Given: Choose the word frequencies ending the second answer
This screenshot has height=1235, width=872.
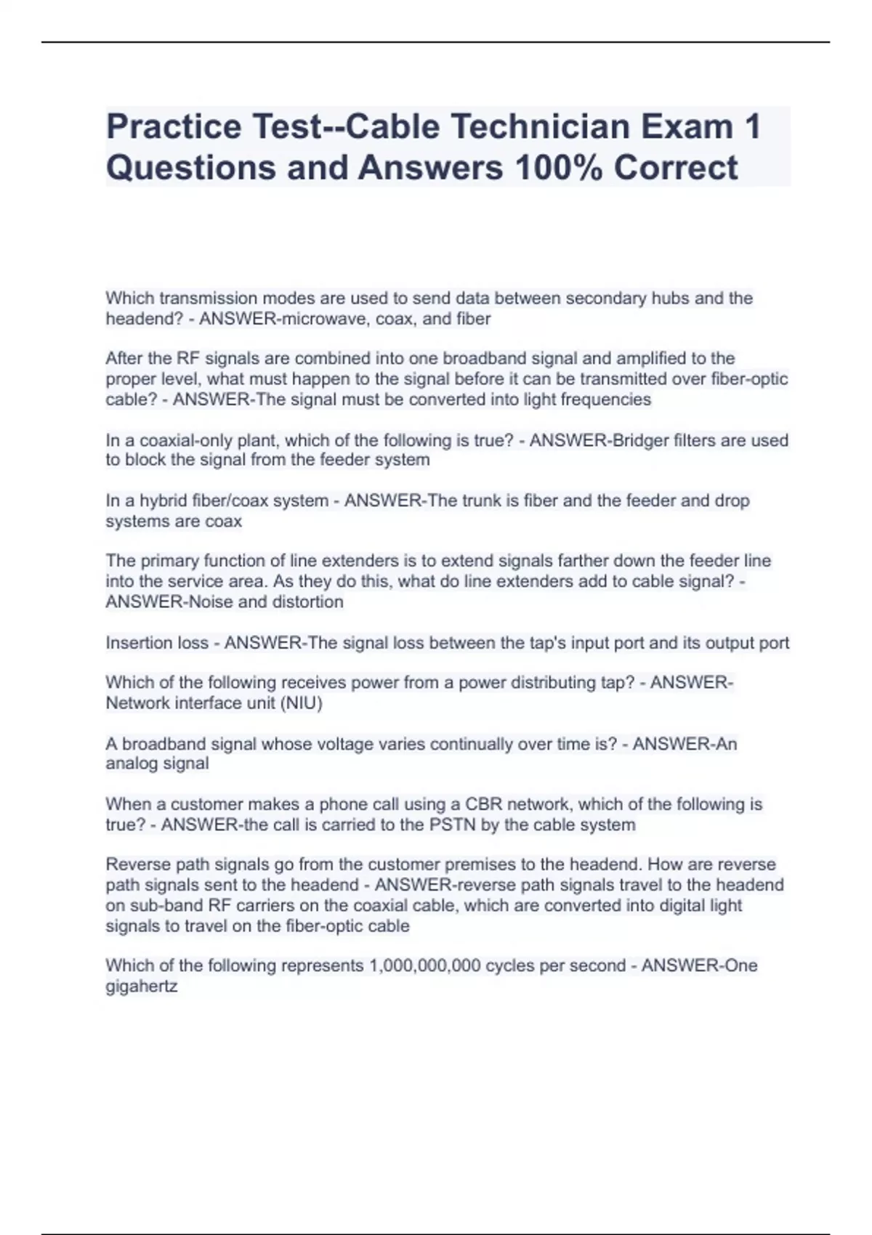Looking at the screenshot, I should pos(608,400).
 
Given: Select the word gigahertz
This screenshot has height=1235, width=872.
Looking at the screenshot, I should pos(141,987).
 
